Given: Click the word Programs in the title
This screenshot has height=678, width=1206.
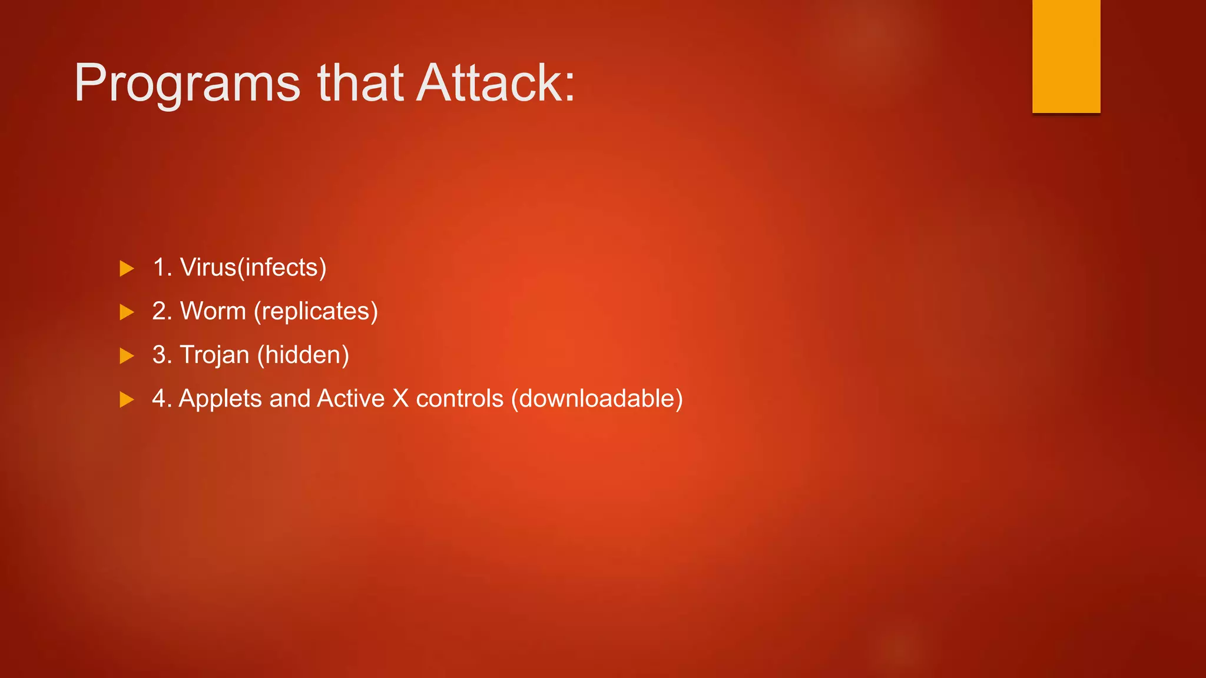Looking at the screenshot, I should coord(187,84).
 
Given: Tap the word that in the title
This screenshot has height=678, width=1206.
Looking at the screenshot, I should coord(360,83).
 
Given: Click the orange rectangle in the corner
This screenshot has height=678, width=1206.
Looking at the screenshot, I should coord(1066,56).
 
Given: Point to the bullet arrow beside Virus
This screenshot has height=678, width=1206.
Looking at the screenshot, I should coord(127,269).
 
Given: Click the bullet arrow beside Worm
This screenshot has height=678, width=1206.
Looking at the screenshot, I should coord(127,313).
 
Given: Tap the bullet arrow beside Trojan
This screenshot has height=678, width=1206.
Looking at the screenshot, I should coord(127,356).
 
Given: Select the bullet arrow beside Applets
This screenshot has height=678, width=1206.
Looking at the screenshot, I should coord(127,400).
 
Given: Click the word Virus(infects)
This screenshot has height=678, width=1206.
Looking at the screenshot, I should coord(253,268).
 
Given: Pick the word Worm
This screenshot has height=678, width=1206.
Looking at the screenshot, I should coord(213,311).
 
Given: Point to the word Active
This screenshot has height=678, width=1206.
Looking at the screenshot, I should coord(350,398).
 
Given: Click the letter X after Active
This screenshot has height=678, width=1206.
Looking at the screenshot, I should coord(400,398).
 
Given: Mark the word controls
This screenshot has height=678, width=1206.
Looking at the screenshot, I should coord(459,398).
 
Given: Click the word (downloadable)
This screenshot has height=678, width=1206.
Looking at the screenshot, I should coord(597,398).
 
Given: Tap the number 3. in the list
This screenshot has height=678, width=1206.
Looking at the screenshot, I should coord(162,355).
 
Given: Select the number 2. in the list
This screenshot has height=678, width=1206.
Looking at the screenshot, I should coord(162,311).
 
